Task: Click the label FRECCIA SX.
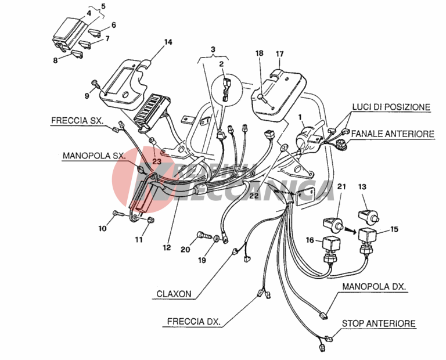click(77, 121)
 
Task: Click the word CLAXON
click(174, 294)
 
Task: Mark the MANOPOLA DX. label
click(374, 287)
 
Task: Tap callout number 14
click(168, 42)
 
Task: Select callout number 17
click(279, 54)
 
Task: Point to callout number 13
click(363, 186)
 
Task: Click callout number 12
click(167, 247)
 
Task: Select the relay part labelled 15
click(369, 237)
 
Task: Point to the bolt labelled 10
click(118, 214)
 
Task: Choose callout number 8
click(56, 59)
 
